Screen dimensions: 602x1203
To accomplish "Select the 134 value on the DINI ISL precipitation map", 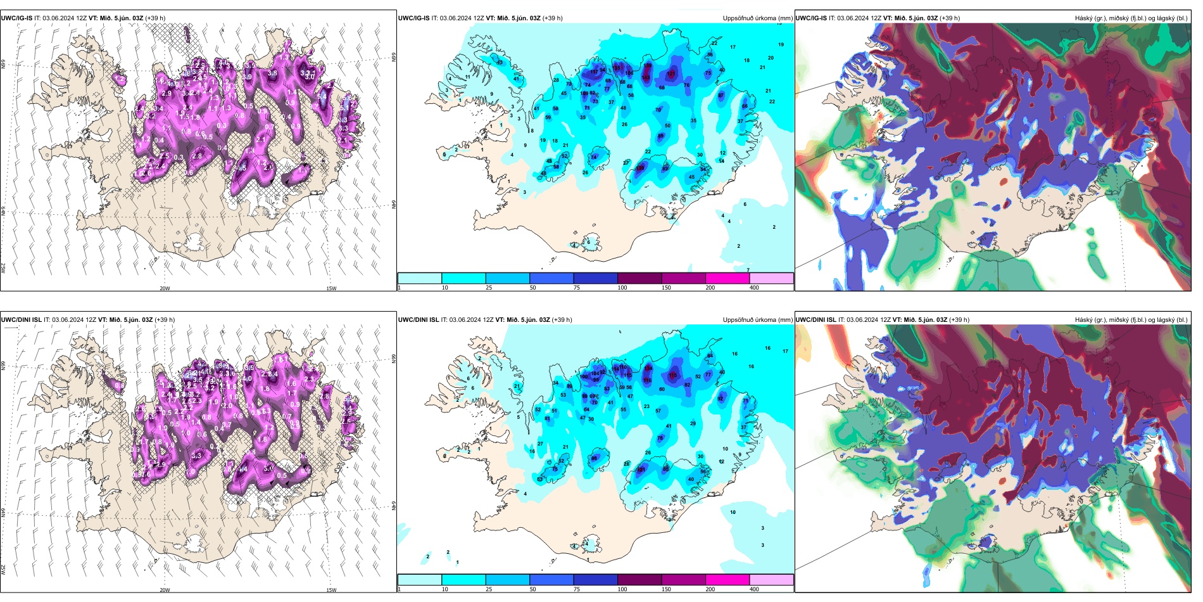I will pyautogui.click(x=648, y=368).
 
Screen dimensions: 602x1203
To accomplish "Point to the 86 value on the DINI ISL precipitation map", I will pyautogui.click(x=594, y=458).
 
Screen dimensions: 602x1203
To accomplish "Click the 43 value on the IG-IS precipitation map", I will pyautogui.click(x=500, y=62).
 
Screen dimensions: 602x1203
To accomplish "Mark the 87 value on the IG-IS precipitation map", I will pyautogui.click(x=721, y=96).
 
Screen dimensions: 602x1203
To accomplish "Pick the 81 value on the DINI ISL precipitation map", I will pyautogui.click(x=547, y=419).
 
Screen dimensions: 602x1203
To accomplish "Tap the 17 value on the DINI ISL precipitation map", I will pyautogui.click(x=785, y=351).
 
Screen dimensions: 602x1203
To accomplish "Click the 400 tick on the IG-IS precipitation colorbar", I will pyautogui.click(x=754, y=288).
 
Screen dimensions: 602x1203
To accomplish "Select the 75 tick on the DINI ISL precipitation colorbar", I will pyautogui.click(x=577, y=589).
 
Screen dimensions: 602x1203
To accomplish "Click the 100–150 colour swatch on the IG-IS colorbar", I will pyautogui.click(x=639, y=278).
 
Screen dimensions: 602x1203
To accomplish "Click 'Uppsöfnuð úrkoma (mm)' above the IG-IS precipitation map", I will pyautogui.click(x=757, y=18).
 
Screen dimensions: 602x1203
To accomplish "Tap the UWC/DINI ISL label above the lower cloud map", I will pyautogui.click(x=816, y=320).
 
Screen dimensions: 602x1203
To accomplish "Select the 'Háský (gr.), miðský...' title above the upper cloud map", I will pyautogui.click(x=1131, y=18).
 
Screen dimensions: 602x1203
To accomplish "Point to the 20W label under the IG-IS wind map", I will pyautogui.click(x=165, y=288).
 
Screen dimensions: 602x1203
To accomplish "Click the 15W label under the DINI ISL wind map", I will pyautogui.click(x=331, y=590).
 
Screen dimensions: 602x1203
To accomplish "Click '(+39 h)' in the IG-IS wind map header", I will pyautogui.click(x=155, y=18).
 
